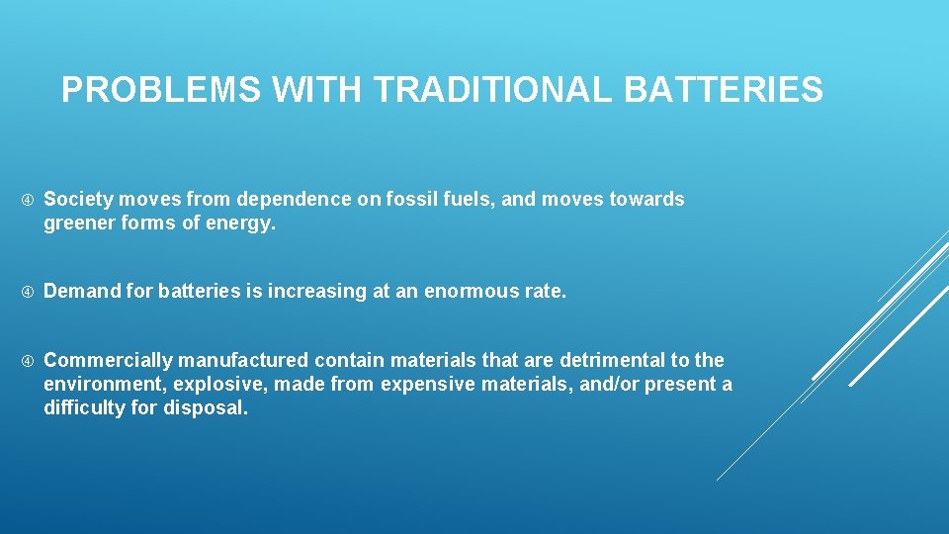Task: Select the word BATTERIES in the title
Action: tap(723, 91)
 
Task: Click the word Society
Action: tap(79, 200)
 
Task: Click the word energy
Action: tap(243, 224)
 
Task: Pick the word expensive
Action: tap(426, 385)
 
